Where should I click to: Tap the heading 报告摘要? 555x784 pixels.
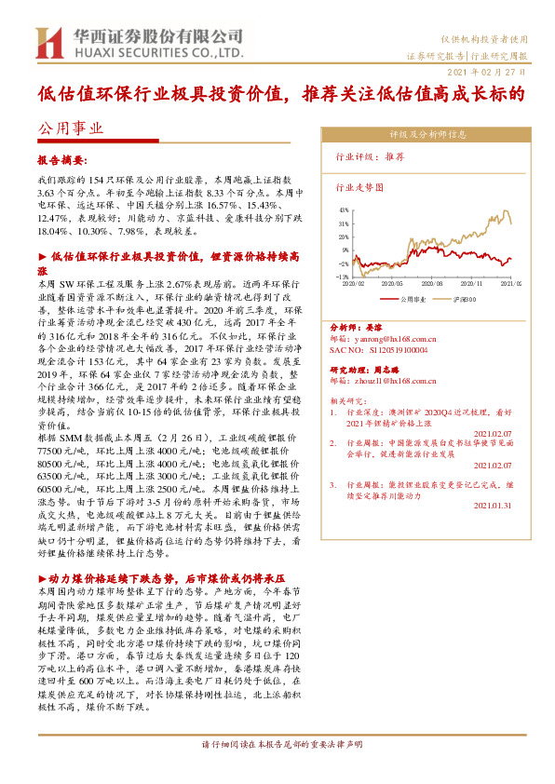(x=61, y=159)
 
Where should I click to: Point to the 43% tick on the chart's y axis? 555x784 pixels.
(x=344, y=210)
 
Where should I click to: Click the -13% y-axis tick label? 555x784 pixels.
(x=343, y=277)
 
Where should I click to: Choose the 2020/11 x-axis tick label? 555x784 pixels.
(x=472, y=283)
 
